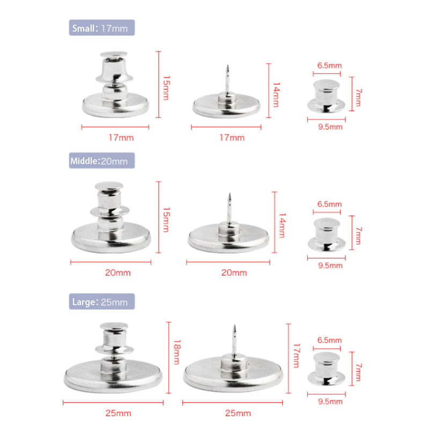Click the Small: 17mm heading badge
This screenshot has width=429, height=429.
102,28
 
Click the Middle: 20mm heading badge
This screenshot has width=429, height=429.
102,160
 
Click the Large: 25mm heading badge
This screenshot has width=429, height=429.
102,301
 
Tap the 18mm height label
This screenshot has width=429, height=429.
177,352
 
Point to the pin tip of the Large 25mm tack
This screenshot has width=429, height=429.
234,326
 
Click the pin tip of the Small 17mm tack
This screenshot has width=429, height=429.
227,65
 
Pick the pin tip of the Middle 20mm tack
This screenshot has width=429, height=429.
230,194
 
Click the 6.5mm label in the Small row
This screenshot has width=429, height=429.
329,65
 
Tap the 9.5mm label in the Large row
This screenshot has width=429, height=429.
330,401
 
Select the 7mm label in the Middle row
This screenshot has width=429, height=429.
358,235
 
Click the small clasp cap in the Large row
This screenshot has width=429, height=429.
326,368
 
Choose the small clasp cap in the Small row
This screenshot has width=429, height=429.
326,96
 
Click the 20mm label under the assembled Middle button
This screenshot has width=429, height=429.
118,272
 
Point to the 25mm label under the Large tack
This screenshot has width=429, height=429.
238,413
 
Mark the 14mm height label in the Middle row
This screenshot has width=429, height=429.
282,226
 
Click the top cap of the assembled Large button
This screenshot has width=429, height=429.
114,326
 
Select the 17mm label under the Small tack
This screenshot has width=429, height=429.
232,138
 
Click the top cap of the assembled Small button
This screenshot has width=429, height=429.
114,55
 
